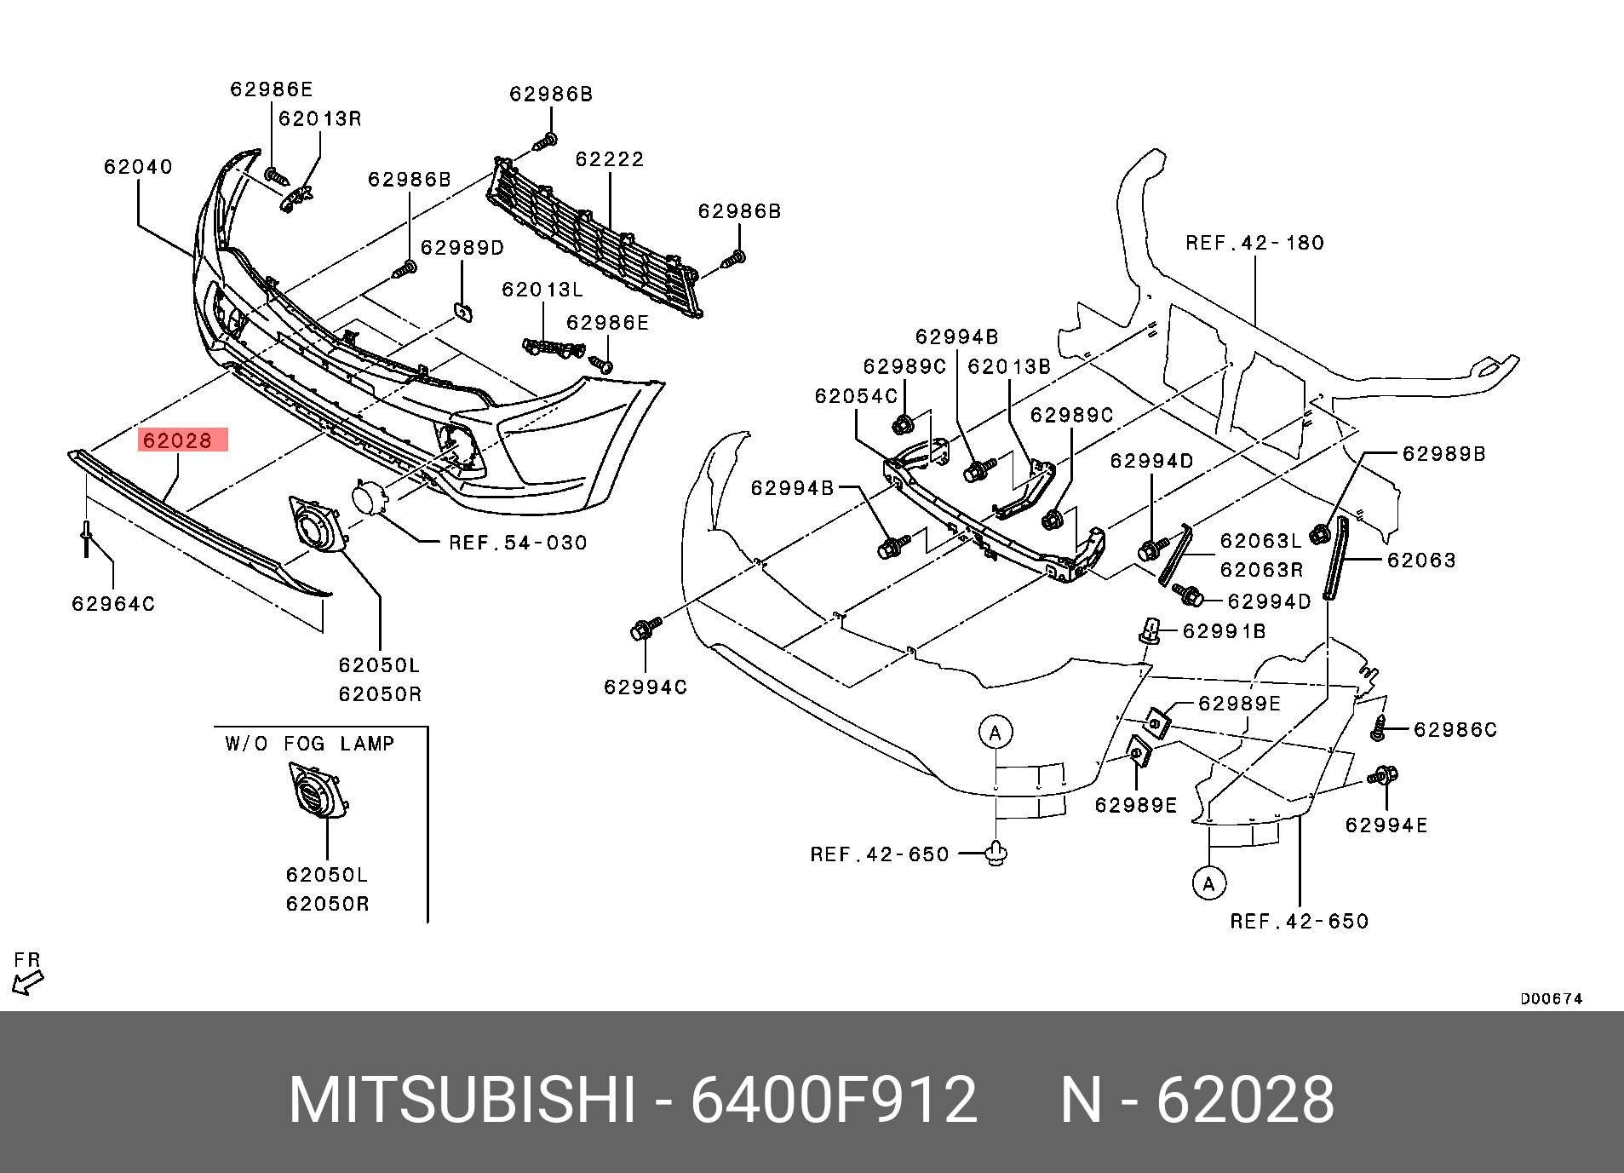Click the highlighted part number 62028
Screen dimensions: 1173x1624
[x=177, y=440]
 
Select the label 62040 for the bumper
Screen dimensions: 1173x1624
[x=138, y=167]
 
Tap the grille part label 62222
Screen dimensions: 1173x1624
[x=610, y=159]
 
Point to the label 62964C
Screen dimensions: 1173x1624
[x=113, y=604]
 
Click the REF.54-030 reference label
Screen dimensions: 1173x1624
[x=518, y=543]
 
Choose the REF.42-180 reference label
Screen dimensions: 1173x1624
[x=1254, y=243]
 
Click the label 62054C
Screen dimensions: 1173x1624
[x=856, y=396]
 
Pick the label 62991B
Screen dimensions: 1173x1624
[x=1225, y=631]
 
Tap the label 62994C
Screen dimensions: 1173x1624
[x=646, y=687]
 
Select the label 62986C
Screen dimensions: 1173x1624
[x=1455, y=730]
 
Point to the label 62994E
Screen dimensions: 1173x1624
[x=1386, y=825]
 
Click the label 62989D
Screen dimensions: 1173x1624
[x=462, y=248]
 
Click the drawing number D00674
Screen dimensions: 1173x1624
[x=1551, y=999]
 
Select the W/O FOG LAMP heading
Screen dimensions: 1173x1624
[x=310, y=744]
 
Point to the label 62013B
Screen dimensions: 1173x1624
[x=1009, y=366]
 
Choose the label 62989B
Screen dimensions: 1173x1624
[x=1443, y=454]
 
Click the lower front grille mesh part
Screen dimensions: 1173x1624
[x=596, y=234]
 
